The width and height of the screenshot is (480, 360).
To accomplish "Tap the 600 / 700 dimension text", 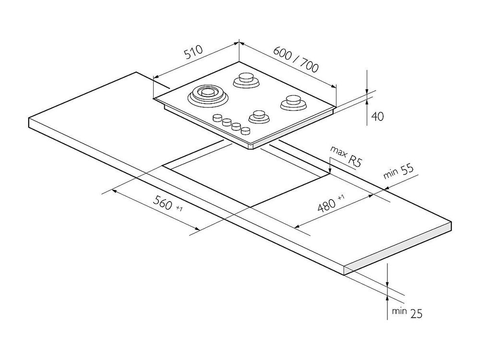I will pos(296,58).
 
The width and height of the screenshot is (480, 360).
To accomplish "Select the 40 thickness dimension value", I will pos(377,116).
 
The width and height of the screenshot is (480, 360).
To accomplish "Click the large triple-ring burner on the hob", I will pos(207,94).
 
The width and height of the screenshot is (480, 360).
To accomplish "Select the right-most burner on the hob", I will pos(292,102).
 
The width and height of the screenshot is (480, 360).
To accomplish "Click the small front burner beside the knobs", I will pos(258,116).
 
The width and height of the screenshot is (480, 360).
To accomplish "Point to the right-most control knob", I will pos(245,131).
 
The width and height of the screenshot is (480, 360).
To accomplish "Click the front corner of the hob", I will pos(253,145).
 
